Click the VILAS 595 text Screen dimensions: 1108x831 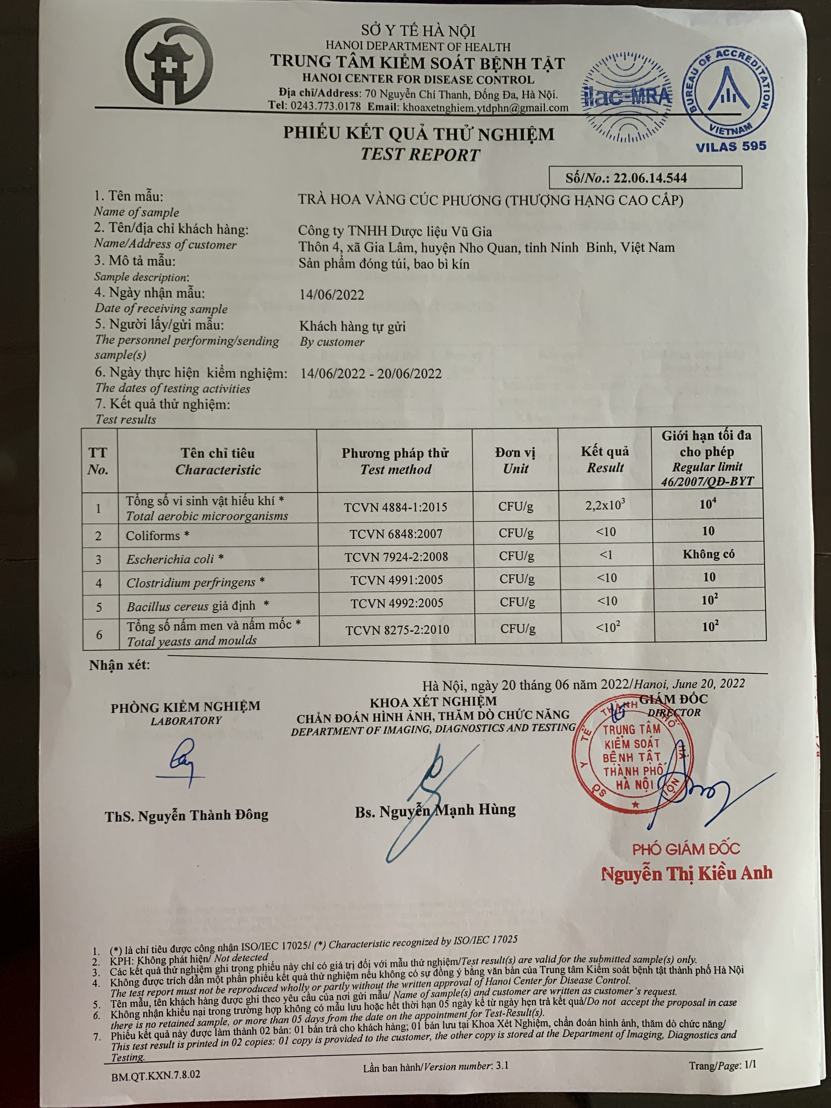[731, 146]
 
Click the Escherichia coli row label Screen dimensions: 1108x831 [174, 559]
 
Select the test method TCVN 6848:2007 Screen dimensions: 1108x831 [396, 534]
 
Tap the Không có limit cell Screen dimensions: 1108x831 [708, 554]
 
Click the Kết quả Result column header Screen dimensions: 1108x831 [605, 459]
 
